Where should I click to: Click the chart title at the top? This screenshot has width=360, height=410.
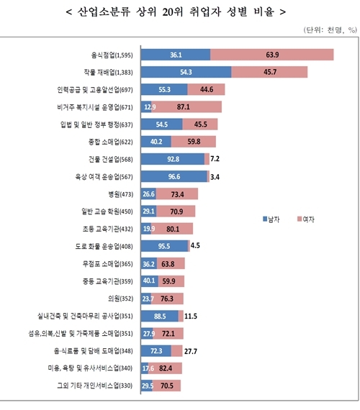point(180,12)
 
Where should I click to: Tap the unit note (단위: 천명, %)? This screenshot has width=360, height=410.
point(325,29)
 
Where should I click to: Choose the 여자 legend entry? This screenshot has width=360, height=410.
point(307,218)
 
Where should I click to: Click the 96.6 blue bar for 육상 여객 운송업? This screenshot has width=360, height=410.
point(174,176)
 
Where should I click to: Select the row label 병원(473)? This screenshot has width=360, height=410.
point(120,194)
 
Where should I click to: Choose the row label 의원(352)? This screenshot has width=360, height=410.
point(120,299)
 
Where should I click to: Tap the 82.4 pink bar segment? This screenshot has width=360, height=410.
point(166,368)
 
